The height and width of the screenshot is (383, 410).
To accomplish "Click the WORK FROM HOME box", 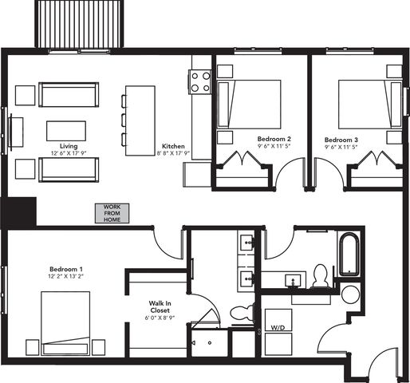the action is coord(112,213).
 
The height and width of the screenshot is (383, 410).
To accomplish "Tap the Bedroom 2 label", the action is coord(274,139).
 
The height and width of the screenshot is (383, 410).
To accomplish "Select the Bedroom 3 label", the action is coord(341,140).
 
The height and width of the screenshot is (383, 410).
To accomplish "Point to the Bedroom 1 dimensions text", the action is coord(65,276).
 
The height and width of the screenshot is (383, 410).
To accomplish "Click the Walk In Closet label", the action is coord(160,306).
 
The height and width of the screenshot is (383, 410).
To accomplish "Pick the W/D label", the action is coord(278,328).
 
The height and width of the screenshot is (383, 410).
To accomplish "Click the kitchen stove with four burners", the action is coord(200,82).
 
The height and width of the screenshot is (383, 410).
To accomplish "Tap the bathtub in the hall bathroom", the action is coord(349,255).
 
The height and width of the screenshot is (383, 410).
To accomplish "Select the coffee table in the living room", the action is coord(66,131).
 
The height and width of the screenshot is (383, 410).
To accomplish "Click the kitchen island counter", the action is coord(140,120).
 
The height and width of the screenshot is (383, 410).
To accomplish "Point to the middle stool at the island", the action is coord(124,120).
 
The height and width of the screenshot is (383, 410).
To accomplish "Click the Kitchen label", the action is coord(173,146).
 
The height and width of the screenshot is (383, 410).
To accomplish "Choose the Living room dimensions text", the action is coord(69,153).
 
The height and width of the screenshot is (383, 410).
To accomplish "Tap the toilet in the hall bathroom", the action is coord(321,276).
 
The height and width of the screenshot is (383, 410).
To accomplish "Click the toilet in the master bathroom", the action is coord(242,312).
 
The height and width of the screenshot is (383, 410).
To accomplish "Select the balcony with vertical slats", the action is coord(79,24).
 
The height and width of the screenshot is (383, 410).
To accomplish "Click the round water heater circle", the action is coord(350,294).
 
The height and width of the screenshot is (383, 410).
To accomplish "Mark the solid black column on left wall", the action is coord(18,212).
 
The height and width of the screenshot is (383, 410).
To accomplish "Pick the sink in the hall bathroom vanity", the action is coord(293,281).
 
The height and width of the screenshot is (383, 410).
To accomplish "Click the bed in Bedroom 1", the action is coord(65,323).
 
